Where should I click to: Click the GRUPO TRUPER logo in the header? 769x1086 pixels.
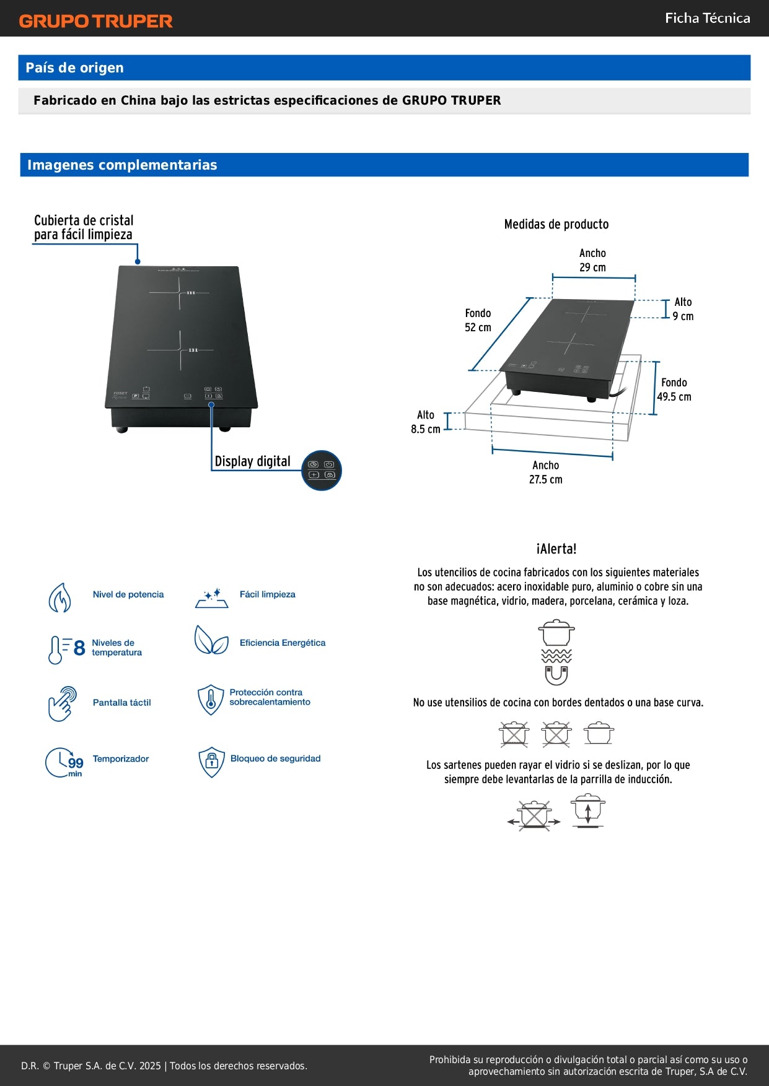point(95,20)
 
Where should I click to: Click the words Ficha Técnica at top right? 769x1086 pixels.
point(707,19)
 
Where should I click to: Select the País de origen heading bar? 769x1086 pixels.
point(384,67)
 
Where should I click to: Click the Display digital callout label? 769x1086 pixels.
point(252,461)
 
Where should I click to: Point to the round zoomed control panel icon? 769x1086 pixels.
point(321,470)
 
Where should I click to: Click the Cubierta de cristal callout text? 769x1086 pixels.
point(84,227)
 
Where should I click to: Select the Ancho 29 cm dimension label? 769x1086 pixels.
point(592,260)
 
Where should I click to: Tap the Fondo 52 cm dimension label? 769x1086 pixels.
point(478,320)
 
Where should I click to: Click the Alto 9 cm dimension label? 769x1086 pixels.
point(683,309)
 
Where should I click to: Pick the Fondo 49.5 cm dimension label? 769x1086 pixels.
point(674,389)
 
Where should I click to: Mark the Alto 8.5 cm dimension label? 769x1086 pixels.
point(426,422)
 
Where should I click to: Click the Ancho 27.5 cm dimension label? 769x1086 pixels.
point(545,472)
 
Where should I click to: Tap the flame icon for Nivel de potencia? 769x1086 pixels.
point(60,597)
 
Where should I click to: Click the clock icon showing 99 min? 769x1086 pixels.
point(64,762)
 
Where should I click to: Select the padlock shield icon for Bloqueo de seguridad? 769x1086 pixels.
point(211,762)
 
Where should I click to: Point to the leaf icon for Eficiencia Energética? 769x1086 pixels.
point(211,640)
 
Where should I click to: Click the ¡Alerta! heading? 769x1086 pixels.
point(556,549)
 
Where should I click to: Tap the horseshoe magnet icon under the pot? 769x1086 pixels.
point(556,675)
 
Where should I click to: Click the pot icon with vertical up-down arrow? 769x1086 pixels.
point(587,810)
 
